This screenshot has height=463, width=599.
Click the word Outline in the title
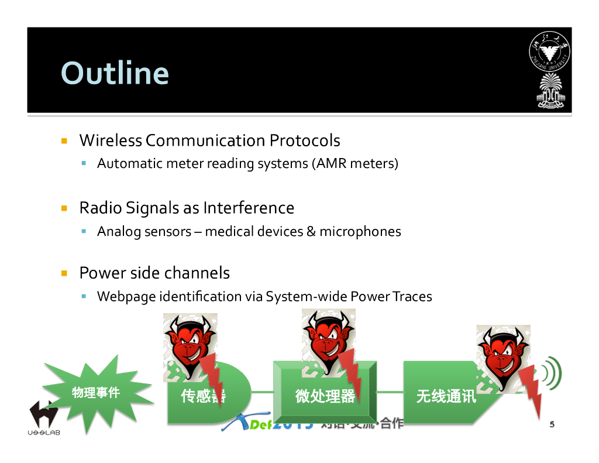115,73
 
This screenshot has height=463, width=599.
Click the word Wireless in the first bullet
111,140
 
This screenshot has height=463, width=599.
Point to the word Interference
248,208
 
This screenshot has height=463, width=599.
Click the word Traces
412,297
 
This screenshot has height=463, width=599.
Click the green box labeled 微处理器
325,393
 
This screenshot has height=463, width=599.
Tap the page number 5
552,424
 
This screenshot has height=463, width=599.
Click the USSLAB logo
44,419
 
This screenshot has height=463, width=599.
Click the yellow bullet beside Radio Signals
65,208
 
